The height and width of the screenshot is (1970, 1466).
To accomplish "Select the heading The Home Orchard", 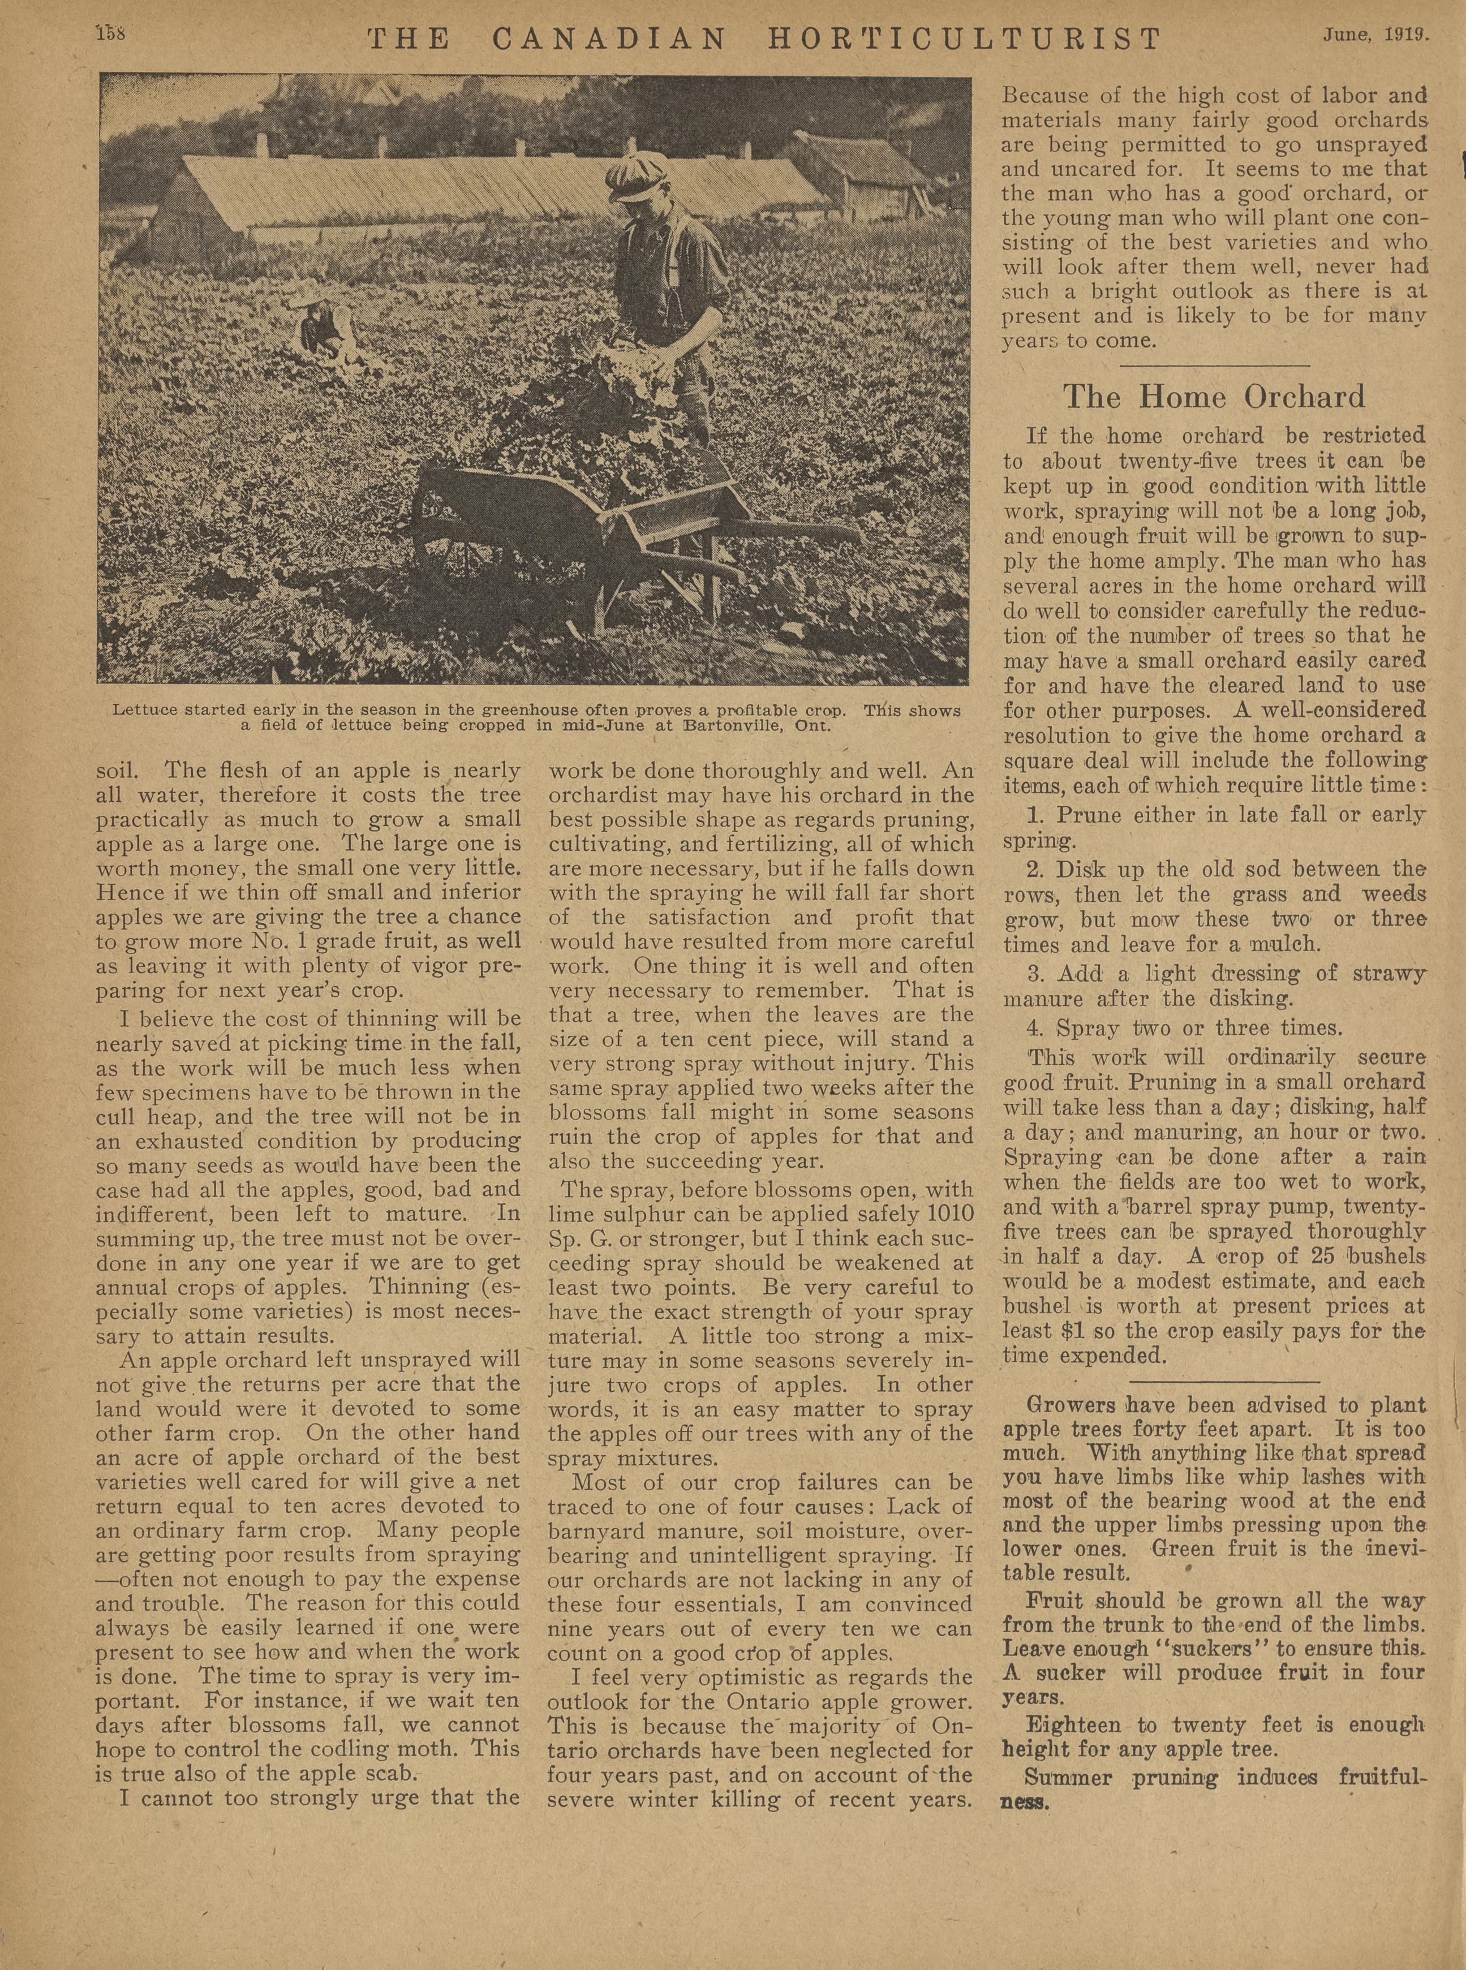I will [x=1214, y=397].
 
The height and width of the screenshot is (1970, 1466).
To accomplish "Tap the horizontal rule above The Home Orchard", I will [x=1214, y=365].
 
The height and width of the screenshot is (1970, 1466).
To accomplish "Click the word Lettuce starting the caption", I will [x=139, y=710].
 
